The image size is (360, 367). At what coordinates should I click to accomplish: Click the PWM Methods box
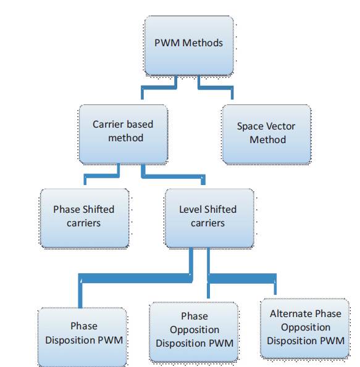pyautogui.click(x=189, y=45)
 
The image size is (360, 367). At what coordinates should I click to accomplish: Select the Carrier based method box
pyautogui.click(x=123, y=134)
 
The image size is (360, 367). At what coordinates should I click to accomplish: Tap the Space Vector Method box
pyautogui.click(x=267, y=134)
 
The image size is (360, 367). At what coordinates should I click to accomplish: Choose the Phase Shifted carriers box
pyautogui.click(x=85, y=218)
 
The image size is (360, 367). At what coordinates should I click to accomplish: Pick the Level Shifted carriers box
pyautogui.click(x=209, y=218)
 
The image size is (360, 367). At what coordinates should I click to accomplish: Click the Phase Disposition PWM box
pyautogui.click(x=82, y=337)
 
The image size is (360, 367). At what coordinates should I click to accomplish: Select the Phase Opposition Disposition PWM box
pyautogui.click(x=194, y=332)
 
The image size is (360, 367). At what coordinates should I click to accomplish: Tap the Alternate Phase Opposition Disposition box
pyautogui.click(x=304, y=328)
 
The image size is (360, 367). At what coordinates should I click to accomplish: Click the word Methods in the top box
pyautogui.click(x=203, y=43)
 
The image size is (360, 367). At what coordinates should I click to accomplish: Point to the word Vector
pyautogui.click(x=280, y=126)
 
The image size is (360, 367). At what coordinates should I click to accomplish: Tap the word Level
pyautogui.click(x=188, y=210)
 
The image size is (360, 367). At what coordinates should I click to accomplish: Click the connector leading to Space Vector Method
pyautogui.click(x=215, y=88)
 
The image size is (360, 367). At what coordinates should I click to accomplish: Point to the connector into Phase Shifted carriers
pyautogui.click(x=101, y=176)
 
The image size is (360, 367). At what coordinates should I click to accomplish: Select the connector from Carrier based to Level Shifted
pyautogui.click(x=174, y=176)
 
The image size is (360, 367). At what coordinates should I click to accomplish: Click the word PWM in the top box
pyautogui.click(x=167, y=43)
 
